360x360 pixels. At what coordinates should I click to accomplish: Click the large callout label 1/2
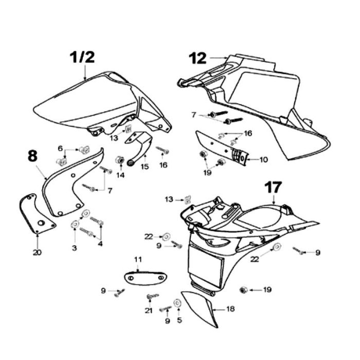click(82, 58)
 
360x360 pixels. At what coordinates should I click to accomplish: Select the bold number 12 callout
click(197, 58)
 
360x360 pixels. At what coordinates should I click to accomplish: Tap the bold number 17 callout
click(273, 186)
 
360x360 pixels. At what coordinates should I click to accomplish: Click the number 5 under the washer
click(179, 320)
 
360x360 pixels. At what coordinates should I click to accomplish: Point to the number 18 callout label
click(230, 310)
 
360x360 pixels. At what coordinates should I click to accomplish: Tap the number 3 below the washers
click(75, 248)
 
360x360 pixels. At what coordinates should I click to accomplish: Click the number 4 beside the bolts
click(100, 243)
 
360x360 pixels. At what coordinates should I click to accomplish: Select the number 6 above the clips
click(61, 149)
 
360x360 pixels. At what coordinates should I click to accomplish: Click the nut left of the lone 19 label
click(243, 290)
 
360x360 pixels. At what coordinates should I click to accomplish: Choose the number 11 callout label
click(137, 259)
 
